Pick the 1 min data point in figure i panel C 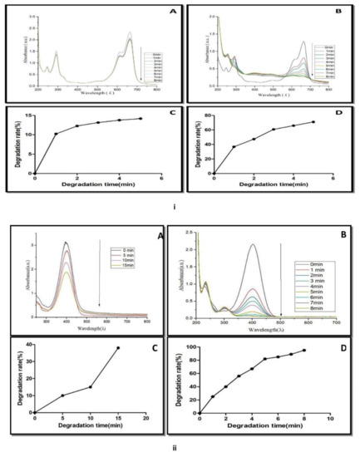tap(57, 134)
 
